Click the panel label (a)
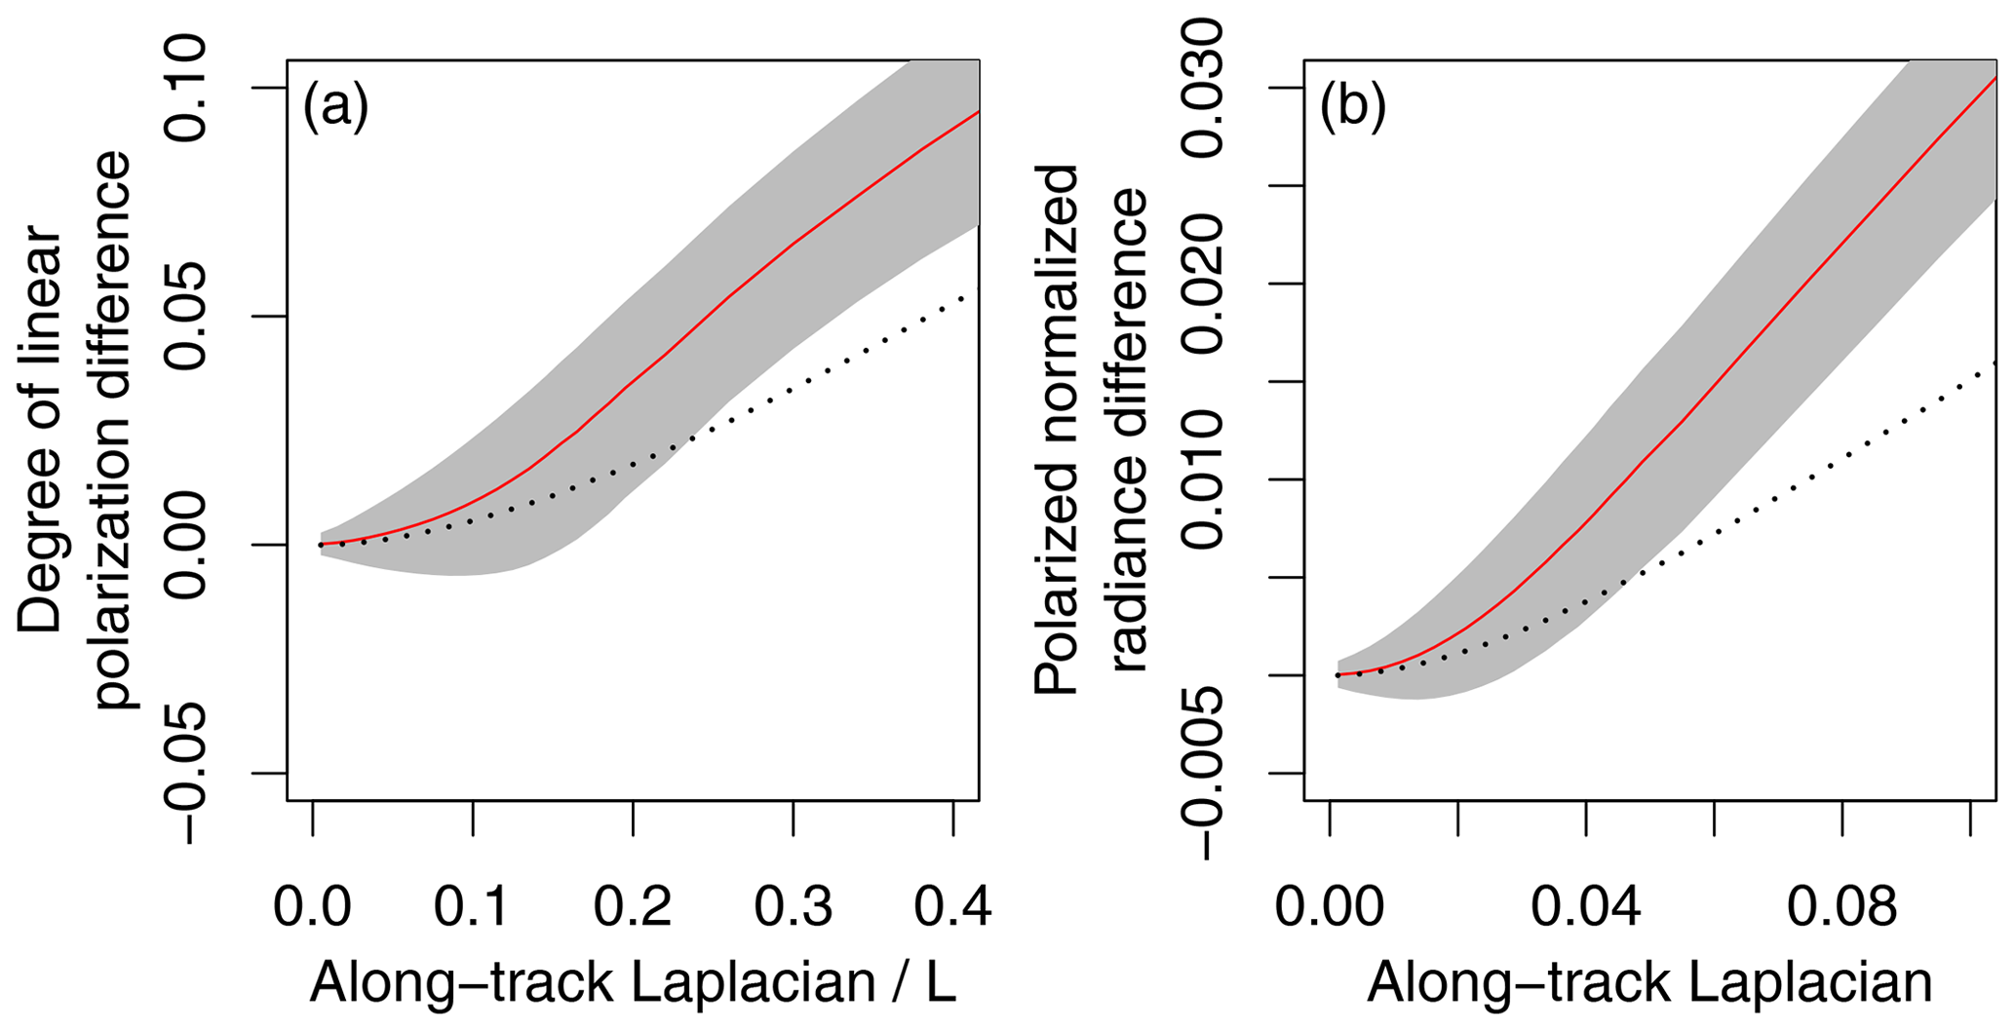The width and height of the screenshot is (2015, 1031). click(335, 107)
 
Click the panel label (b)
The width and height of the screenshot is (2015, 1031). click(1352, 107)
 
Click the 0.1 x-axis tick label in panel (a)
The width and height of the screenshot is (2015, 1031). click(473, 907)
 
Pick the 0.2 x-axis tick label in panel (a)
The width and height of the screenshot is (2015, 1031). click(633, 907)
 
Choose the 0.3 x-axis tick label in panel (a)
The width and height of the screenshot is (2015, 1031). click(793, 907)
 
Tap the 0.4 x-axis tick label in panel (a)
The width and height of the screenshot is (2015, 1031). click(952, 907)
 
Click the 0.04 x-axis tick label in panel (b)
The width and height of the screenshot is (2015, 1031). click(1586, 907)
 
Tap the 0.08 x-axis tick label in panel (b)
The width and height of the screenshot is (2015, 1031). click(1841, 907)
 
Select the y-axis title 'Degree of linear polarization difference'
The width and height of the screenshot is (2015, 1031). click(73, 429)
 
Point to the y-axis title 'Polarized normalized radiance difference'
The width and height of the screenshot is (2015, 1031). click(1092, 429)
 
